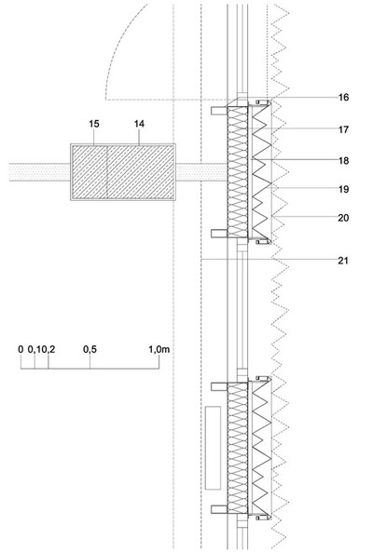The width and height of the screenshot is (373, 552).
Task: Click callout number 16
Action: click(x=343, y=97)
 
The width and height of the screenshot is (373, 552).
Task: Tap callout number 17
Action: click(x=343, y=129)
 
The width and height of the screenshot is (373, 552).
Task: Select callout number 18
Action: click(x=343, y=160)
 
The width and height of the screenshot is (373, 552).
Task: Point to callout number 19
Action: click(x=343, y=189)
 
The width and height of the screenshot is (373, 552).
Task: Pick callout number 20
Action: click(x=343, y=218)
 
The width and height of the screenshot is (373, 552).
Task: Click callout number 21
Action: click(x=343, y=261)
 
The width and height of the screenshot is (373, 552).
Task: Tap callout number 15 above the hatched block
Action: click(x=94, y=124)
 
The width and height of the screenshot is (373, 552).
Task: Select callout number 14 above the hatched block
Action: click(x=139, y=124)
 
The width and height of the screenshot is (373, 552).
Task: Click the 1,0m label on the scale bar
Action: click(x=159, y=349)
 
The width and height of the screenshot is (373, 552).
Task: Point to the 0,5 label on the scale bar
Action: click(x=90, y=349)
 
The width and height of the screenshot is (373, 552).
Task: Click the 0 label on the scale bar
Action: click(x=21, y=349)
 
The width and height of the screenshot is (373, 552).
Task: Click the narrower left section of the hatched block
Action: click(x=90, y=172)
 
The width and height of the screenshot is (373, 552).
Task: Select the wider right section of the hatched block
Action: click(x=140, y=172)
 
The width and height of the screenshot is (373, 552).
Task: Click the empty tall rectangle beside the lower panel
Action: click(x=213, y=448)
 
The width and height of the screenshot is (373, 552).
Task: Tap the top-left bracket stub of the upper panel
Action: click(x=219, y=111)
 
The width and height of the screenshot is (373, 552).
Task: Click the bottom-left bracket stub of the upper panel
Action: click(x=219, y=233)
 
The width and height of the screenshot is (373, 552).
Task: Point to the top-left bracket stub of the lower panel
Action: click(x=219, y=386)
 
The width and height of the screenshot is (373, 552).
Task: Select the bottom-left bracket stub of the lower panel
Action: click(x=219, y=509)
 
